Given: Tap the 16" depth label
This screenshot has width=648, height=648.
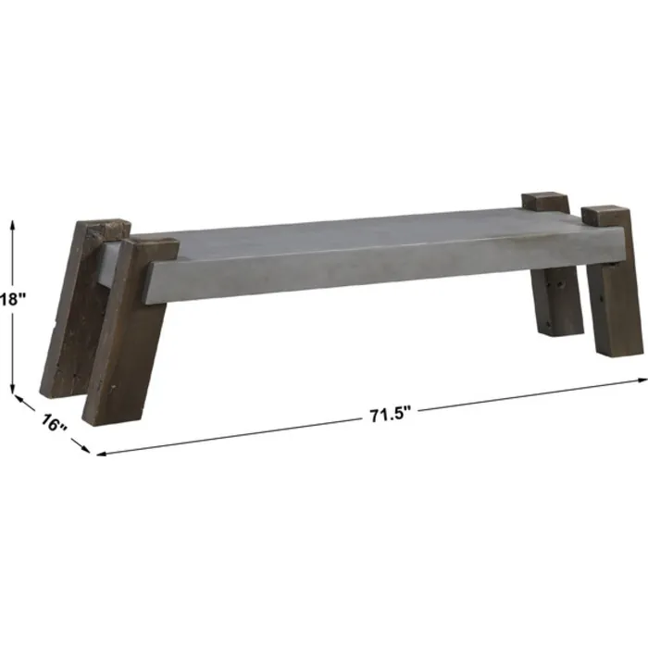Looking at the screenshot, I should tap(55, 423).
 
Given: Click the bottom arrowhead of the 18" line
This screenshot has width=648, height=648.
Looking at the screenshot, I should tap(13, 388).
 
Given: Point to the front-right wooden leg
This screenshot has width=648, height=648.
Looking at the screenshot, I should tap(612, 296).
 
